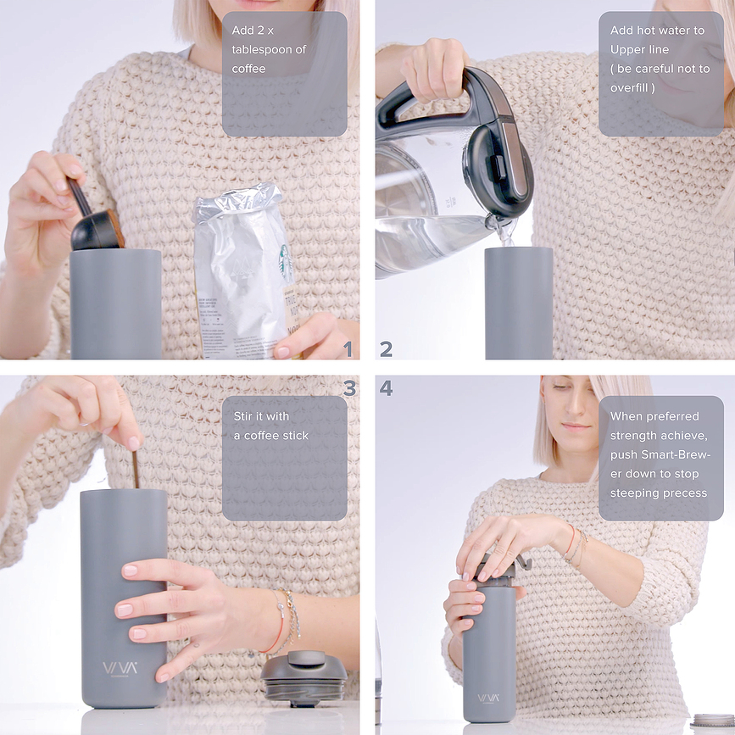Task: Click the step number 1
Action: (x=346, y=349)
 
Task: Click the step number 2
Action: (x=387, y=349)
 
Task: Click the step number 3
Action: (x=349, y=388)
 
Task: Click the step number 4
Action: (x=387, y=388)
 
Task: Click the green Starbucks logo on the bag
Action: (x=287, y=264)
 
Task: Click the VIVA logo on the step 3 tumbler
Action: (x=120, y=668)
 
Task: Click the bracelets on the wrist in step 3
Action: (x=284, y=622)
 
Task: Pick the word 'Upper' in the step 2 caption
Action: (x=628, y=49)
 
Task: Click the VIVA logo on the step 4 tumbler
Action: (x=488, y=699)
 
